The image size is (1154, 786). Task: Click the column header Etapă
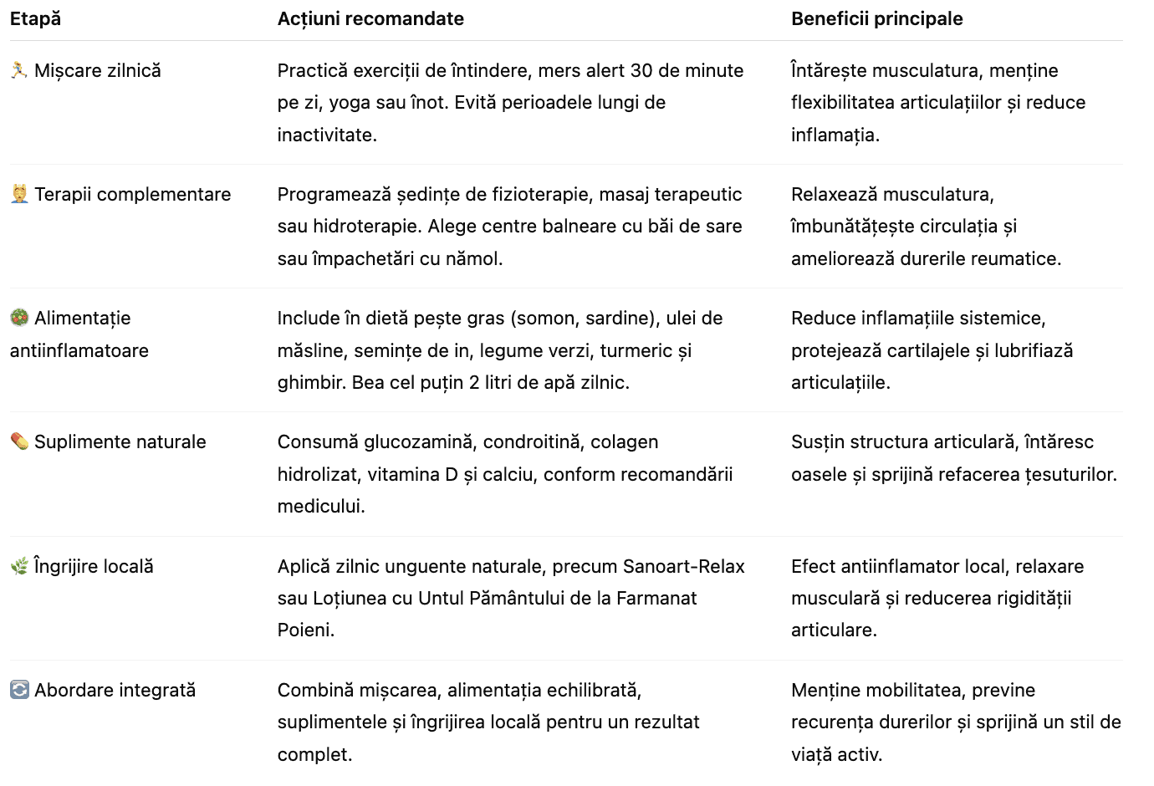pyautogui.click(x=35, y=18)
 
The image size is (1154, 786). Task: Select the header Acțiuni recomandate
pyautogui.click(x=370, y=18)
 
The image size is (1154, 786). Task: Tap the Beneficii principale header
pyautogui.click(x=876, y=18)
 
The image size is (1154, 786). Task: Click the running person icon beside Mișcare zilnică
pyautogui.click(x=19, y=70)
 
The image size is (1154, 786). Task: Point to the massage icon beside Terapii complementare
pyautogui.click(x=19, y=194)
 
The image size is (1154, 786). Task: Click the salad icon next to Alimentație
pyautogui.click(x=19, y=318)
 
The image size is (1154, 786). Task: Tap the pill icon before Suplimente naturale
pyautogui.click(x=19, y=441)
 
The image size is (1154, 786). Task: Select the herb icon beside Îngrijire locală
pyautogui.click(x=19, y=566)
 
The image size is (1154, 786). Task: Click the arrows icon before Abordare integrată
pyautogui.click(x=19, y=690)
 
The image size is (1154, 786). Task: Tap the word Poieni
pyautogui.click(x=305, y=630)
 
